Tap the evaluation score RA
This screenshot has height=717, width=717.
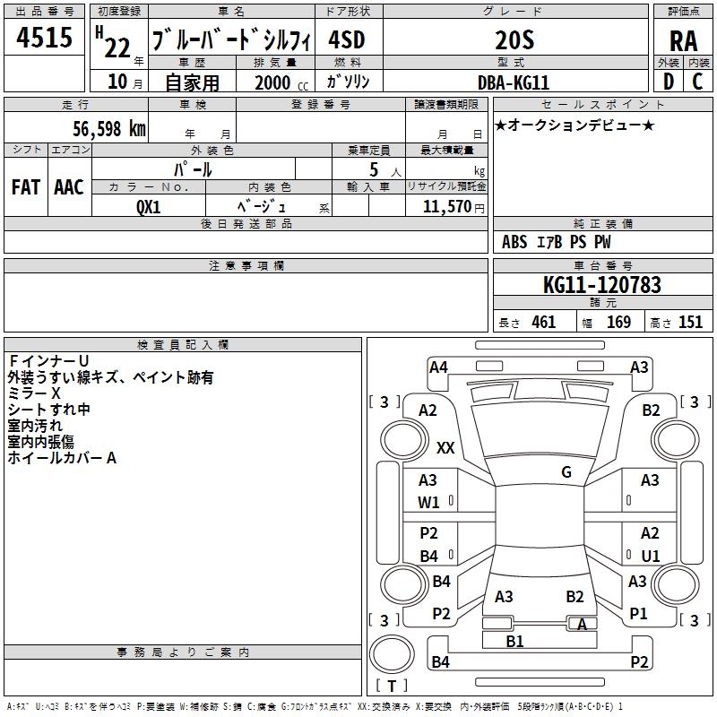(x=684, y=41)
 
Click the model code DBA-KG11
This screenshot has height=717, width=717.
(x=514, y=82)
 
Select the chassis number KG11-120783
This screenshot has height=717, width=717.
(x=602, y=285)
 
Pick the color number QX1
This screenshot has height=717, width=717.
(x=149, y=205)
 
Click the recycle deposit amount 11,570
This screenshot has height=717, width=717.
(x=445, y=206)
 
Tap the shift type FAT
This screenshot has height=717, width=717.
(x=26, y=186)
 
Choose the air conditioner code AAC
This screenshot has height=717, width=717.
(x=69, y=186)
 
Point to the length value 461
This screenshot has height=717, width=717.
(x=543, y=323)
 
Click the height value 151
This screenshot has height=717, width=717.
(x=690, y=323)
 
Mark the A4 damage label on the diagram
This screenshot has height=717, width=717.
(x=438, y=367)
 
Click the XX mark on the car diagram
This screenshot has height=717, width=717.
(x=445, y=448)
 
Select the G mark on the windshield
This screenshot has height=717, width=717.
(x=566, y=472)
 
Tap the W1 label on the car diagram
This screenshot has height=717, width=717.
(x=429, y=503)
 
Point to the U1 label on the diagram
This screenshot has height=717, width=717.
(x=651, y=557)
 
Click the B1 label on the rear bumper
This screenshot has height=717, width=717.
(x=514, y=641)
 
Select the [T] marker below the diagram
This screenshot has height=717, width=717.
(x=391, y=687)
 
